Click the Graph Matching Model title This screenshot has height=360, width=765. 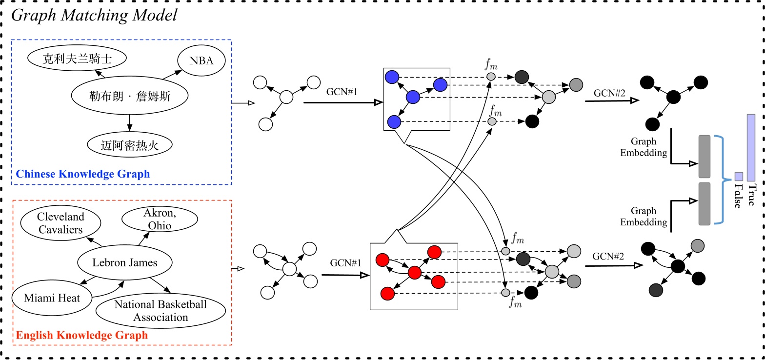(94, 15)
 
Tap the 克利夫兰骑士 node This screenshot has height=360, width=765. (77, 59)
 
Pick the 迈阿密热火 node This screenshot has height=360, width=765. (130, 144)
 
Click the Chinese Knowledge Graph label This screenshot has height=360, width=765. (83, 174)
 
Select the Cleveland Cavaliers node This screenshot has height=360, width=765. (60, 223)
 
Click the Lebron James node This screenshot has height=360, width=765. (125, 262)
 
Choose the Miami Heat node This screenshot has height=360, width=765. (52, 298)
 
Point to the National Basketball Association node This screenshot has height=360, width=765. (161, 311)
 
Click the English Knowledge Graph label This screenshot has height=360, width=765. (82, 335)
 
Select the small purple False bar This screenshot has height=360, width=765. (739, 176)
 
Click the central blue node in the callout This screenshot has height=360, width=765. (413, 98)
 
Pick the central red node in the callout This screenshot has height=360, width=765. (414, 273)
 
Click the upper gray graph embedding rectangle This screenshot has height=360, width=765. (705, 157)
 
